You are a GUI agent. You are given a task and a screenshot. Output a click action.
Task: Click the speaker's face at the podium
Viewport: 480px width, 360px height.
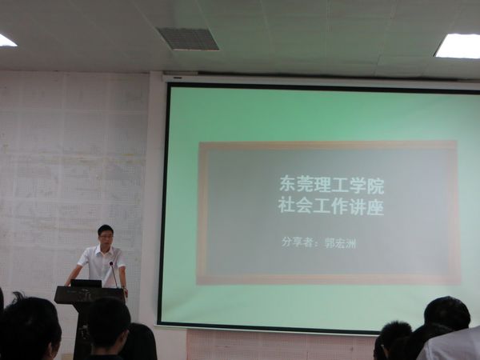[106, 236]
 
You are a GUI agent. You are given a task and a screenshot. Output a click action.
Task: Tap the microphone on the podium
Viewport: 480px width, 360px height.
[113, 274]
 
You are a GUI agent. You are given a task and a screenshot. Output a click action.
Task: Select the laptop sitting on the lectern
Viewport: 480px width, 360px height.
[86, 283]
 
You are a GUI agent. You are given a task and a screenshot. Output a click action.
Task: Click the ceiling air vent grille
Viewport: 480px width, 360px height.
[187, 38]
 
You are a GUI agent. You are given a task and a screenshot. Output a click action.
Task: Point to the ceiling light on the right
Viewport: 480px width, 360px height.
[458, 46]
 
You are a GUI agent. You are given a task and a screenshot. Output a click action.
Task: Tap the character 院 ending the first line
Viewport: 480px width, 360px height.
[376, 186]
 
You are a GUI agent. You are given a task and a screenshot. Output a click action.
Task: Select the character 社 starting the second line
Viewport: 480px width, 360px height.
[286, 206]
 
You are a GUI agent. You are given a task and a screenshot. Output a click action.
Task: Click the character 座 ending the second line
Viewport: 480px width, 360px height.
[375, 207]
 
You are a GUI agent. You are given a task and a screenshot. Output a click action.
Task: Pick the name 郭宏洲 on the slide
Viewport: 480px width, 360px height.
[341, 244]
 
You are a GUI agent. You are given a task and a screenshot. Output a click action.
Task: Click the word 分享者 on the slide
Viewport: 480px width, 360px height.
[297, 242]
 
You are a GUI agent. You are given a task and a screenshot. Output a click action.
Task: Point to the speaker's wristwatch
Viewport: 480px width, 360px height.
[124, 288]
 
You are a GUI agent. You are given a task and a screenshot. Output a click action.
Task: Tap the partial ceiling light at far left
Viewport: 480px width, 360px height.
[7, 41]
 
